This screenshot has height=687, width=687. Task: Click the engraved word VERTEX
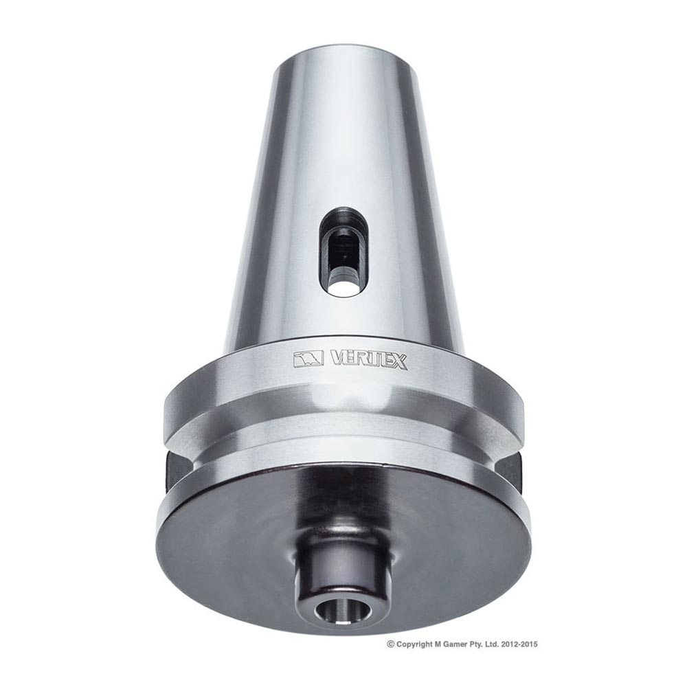[369, 360]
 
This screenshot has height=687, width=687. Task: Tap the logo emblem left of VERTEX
[308, 359]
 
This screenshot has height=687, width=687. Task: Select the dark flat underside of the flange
[227, 543]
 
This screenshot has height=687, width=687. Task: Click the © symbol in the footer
[391, 644]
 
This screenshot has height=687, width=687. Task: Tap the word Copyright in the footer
[415, 644]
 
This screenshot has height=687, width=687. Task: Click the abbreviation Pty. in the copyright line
[482, 644]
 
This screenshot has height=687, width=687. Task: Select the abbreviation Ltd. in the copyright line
[499, 644]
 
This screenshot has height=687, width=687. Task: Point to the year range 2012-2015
[524, 644]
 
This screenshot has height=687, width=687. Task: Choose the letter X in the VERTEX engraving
[399, 361]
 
